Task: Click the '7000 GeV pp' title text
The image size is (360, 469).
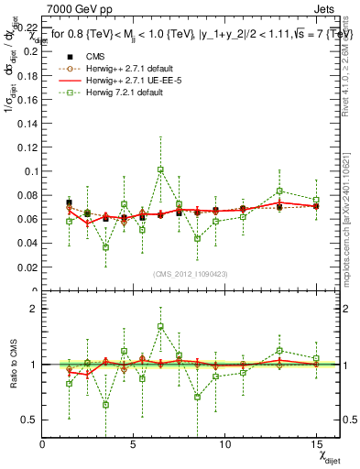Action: coord(75,7)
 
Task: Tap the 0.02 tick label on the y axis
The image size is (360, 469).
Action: coord(28,267)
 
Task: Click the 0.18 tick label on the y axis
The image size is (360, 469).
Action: coord(28,75)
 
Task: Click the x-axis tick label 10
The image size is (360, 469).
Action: coord(225,444)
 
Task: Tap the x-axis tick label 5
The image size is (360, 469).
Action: coord(134,444)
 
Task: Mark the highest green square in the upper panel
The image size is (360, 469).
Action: coord(160,169)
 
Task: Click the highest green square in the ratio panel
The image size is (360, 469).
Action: coord(160,326)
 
